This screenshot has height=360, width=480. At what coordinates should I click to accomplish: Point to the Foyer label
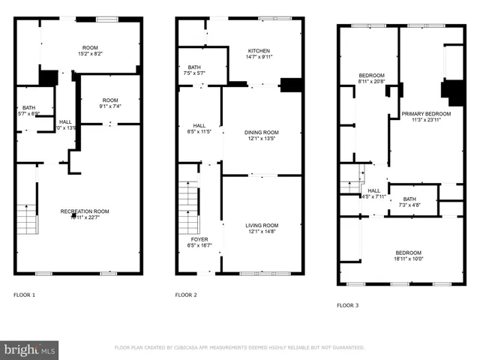199,241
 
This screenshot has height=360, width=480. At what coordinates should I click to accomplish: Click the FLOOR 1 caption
24,295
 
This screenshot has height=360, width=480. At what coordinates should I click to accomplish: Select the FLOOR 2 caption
186,295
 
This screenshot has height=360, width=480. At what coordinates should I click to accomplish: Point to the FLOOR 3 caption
347,305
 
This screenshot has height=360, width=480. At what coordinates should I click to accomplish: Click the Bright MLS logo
29,349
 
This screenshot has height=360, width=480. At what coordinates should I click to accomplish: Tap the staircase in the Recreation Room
26,219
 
